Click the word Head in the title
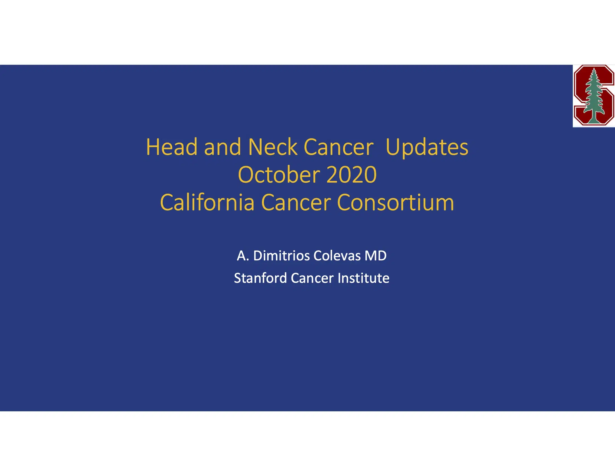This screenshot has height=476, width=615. [x=171, y=147]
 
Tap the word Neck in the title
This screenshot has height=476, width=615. [x=273, y=147]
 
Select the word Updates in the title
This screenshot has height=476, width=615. [x=427, y=147]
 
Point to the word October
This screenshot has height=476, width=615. [x=279, y=175]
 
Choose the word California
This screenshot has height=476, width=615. [x=207, y=202]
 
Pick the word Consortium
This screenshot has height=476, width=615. [x=395, y=202]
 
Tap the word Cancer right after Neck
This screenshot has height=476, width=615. [x=339, y=147]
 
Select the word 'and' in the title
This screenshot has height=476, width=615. [x=223, y=147]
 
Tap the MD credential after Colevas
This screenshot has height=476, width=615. [x=375, y=256]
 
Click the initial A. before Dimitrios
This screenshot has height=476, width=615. [x=243, y=256]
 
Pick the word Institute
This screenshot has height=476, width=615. [x=363, y=278]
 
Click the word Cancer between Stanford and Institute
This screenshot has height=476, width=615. [x=312, y=278]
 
